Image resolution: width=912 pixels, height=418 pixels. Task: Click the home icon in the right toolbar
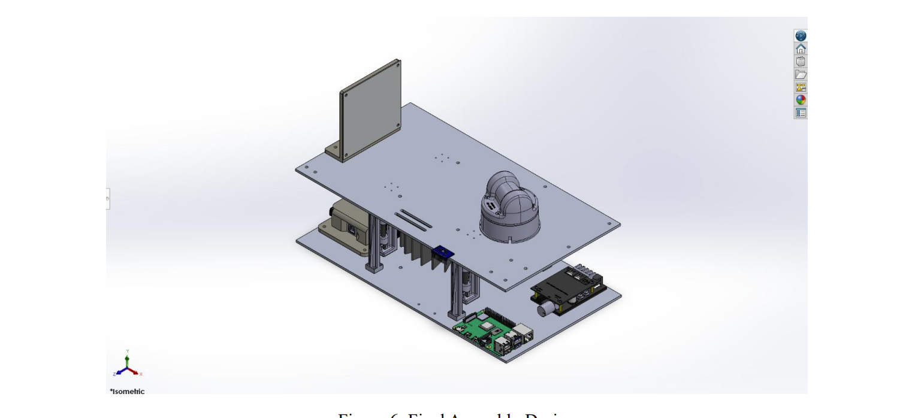click(801, 49)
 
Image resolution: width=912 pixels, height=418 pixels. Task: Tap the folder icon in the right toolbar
click(801, 74)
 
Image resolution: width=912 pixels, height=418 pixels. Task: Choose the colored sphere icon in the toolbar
click(801, 100)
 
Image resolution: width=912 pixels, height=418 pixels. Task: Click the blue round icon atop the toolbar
click(801, 36)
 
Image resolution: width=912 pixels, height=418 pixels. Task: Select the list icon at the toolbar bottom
click(801, 113)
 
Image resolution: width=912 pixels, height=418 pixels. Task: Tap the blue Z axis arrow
click(119, 372)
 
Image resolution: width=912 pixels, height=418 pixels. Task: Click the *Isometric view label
click(127, 391)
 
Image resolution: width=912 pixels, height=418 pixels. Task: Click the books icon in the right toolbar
click(801, 62)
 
